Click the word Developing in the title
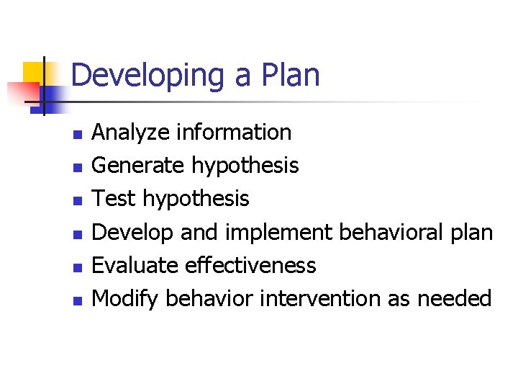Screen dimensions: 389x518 [x=147, y=76]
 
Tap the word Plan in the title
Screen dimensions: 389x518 [x=291, y=75]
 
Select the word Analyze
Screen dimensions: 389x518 [x=130, y=133]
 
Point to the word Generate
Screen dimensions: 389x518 [x=139, y=166]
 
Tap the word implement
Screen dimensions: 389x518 [x=279, y=232]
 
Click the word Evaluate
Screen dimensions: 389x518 [x=135, y=265]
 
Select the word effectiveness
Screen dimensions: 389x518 [x=250, y=265]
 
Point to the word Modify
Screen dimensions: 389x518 [x=125, y=298]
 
